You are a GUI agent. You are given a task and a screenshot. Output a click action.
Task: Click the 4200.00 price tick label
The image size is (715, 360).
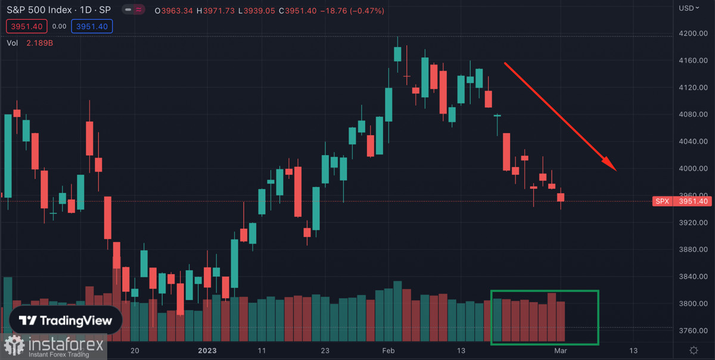(x=694, y=34)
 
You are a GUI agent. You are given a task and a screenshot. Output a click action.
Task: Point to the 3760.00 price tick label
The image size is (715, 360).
(x=694, y=331)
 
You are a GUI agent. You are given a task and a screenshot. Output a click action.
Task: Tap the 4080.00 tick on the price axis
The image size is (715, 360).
(x=694, y=114)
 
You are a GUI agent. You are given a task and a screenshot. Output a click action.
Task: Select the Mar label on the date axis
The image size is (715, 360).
(x=561, y=350)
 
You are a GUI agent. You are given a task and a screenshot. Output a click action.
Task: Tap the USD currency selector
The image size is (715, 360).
(x=689, y=8)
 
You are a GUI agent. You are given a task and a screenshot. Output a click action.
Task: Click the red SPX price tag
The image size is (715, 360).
(x=662, y=201)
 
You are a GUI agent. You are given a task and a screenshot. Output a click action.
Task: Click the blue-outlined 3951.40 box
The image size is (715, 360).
(x=91, y=26)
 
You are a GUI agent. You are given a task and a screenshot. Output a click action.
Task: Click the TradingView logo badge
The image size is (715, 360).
(x=66, y=321)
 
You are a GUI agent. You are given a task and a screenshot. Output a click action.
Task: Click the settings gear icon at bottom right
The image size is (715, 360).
(x=694, y=350)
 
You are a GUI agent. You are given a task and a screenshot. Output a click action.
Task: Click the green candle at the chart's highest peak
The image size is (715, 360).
(x=397, y=54)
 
